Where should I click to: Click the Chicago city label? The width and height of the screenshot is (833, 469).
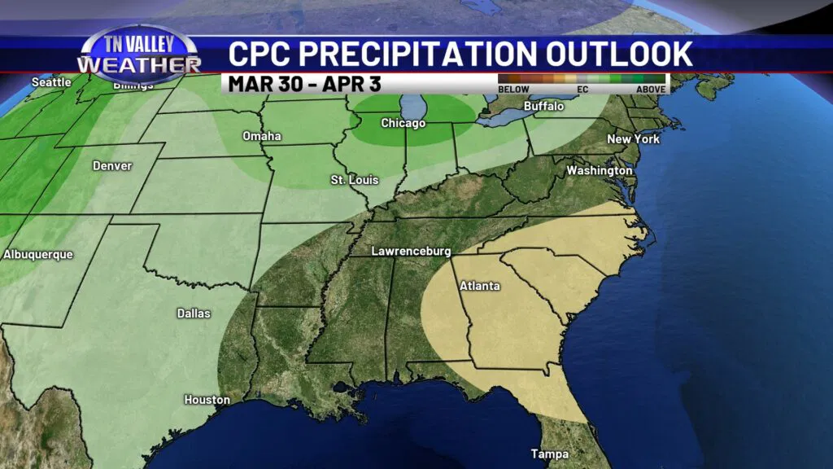(403, 123)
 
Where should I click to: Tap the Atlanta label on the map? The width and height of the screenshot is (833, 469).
(479, 286)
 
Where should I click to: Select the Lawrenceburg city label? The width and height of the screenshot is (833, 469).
(411, 252)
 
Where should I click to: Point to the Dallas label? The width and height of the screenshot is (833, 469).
(194, 313)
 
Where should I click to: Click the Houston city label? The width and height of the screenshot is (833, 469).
(207, 400)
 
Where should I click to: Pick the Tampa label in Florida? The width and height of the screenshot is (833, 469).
(549, 454)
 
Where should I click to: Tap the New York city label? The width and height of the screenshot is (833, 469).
(633, 139)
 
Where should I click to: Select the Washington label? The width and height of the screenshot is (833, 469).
(599, 171)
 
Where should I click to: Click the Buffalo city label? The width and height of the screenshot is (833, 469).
(543, 106)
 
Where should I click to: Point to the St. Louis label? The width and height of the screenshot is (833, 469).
(354, 179)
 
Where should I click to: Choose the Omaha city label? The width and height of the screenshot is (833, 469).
(262, 136)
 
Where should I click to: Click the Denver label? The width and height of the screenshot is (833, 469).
(112, 166)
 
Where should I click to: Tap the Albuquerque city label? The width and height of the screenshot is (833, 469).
(38, 255)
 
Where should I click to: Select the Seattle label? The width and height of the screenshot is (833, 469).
(51, 82)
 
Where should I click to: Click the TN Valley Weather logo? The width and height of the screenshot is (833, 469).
(138, 55)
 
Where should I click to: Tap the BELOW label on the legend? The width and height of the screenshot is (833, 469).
(514, 89)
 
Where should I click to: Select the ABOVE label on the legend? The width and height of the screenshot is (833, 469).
(651, 89)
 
